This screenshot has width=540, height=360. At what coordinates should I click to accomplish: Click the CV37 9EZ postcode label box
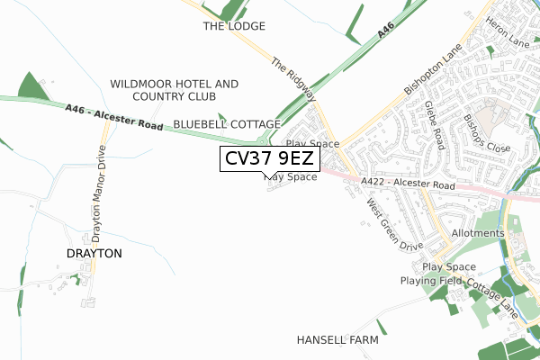coord(267,159)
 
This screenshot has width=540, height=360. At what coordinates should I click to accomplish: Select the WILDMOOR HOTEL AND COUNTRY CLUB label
coord(175,90)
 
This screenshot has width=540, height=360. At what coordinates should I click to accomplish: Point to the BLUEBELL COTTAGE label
coord(227,123)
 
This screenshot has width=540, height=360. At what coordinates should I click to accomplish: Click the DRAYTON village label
coord(94,254)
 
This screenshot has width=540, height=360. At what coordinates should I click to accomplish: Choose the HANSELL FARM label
coord(337,341)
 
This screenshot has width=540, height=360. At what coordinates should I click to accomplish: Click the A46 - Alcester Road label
coord(113,118)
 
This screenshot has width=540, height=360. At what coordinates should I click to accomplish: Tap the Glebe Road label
coord(435,125)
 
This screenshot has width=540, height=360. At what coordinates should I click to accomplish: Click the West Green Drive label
coord(394,225)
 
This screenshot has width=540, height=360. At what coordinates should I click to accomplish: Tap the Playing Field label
coord(431,282)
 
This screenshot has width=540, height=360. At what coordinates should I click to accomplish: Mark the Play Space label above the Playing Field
coord(448,267)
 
